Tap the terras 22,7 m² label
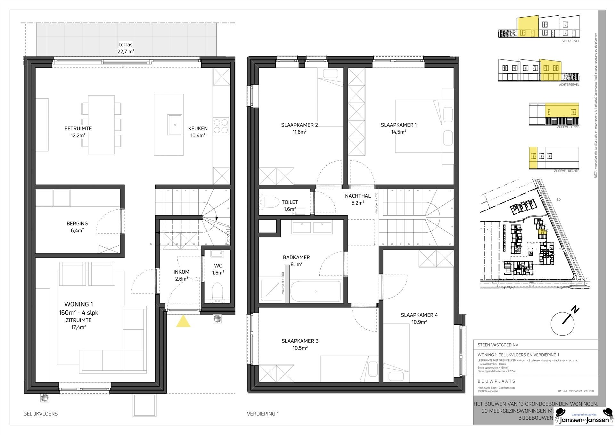point(126,48)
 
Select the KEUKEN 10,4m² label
point(198,132)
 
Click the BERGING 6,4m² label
point(77,227)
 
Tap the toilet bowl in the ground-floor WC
point(217,291)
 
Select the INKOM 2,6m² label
point(181,275)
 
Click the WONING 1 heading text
point(78,304)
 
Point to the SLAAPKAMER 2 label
point(299,125)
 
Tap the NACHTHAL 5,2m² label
point(358,199)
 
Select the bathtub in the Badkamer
point(316,291)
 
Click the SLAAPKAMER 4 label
point(419,315)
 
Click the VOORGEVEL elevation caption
point(570,41)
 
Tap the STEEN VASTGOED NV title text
point(497,345)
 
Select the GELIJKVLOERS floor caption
point(40,414)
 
